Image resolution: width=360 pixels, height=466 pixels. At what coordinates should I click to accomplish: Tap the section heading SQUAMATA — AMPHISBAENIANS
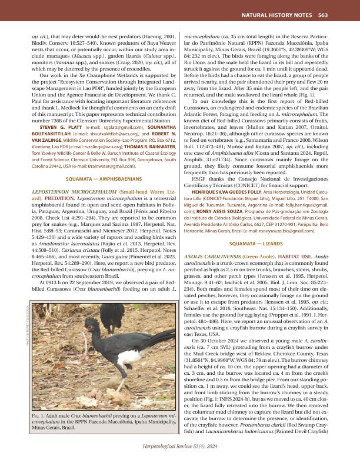click(x=104, y=160)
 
